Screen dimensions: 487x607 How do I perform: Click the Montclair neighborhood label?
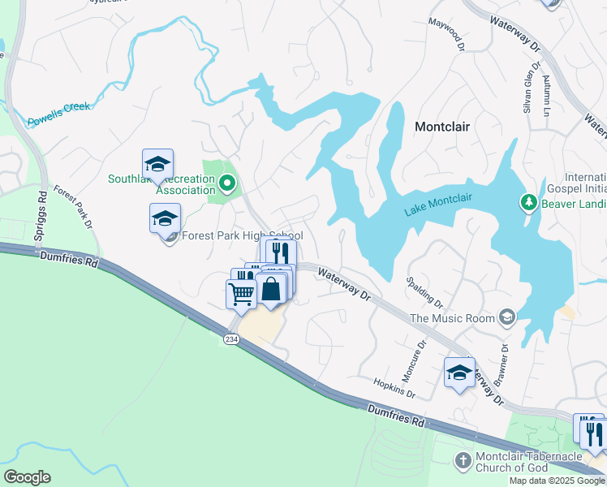[x=442, y=127]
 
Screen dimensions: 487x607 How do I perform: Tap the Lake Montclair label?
[x=437, y=212]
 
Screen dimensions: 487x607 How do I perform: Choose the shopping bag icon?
[x=270, y=288]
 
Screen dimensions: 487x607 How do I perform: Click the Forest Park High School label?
[x=242, y=236]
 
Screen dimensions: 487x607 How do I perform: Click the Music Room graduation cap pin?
[x=507, y=317]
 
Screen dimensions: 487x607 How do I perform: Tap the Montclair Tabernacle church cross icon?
[x=463, y=460]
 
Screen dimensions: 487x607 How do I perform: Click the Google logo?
[x=27, y=477]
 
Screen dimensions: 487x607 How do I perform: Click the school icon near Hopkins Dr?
[x=460, y=373]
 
